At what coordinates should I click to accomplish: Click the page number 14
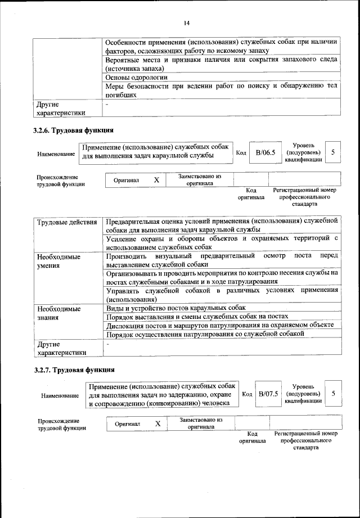[187, 22]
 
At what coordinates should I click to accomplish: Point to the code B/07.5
[269, 393]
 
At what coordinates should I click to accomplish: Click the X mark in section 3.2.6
[157, 180]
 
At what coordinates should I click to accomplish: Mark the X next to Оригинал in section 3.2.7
[158, 423]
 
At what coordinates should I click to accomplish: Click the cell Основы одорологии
[136, 77]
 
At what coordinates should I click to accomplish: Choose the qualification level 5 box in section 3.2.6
[333, 152]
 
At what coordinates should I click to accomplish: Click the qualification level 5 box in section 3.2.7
[333, 393]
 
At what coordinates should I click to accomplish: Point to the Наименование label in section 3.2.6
[56, 154]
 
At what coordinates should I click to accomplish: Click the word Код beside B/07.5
[246, 394]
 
